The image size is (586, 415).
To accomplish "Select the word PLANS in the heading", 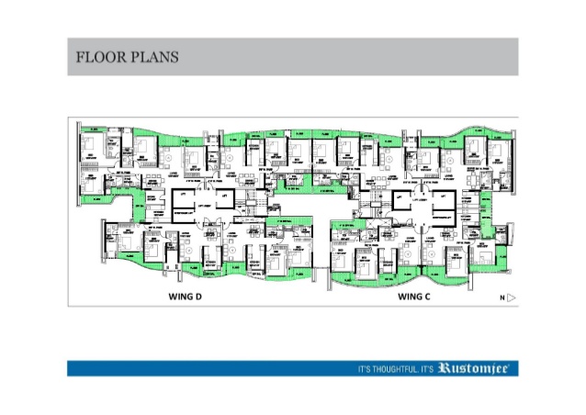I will (x=153, y=58).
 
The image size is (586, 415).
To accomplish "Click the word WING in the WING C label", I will (x=412, y=297).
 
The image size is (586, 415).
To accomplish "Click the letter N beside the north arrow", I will (x=501, y=297).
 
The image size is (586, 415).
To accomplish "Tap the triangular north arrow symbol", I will (x=512, y=297).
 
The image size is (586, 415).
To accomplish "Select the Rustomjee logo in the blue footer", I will (x=479, y=368).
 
